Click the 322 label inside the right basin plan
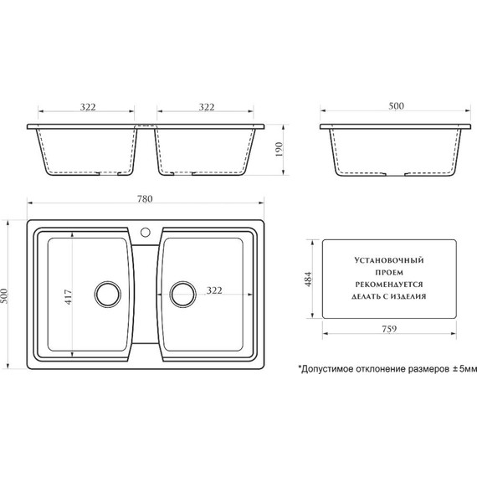(214, 290)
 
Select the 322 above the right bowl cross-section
(207, 106)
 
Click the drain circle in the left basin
(106, 293)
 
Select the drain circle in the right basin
(181, 293)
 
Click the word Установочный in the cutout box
(390, 262)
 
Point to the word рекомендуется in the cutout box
(389, 285)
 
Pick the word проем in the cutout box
(389, 273)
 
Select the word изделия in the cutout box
(410, 295)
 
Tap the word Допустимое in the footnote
(330, 368)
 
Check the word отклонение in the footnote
(387, 368)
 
